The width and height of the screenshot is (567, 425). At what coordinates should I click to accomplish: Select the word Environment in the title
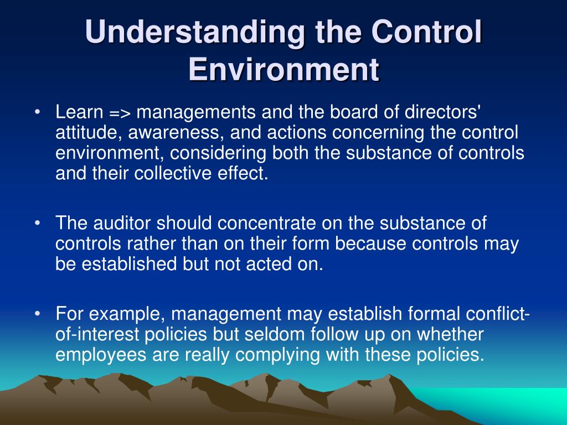click(x=283, y=70)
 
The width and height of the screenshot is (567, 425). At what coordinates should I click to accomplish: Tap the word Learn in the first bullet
click(x=79, y=113)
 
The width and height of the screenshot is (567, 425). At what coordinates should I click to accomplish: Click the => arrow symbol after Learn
click(x=120, y=113)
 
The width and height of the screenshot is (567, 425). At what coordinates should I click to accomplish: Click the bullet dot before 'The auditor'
click(x=37, y=224)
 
